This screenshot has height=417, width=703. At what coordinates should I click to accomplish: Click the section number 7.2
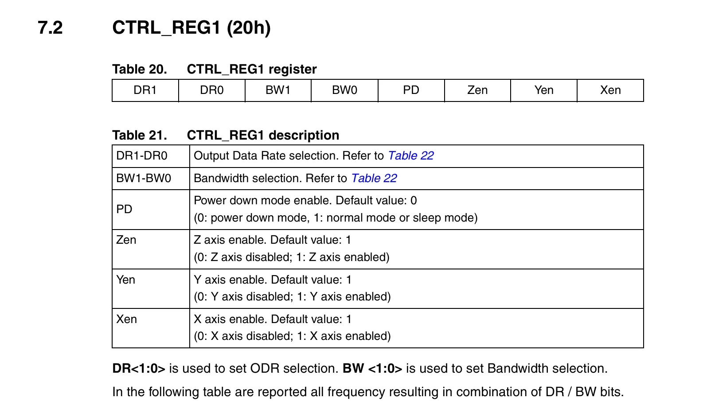(x=50, y=27)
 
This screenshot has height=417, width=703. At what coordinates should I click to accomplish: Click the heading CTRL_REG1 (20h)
(x=191, y=27)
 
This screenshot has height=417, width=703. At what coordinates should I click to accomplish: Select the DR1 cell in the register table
(x=145, y=90)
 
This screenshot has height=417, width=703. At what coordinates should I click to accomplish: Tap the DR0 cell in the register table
(x=211, y=90)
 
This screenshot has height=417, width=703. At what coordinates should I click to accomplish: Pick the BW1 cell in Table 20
(x=278, y=90)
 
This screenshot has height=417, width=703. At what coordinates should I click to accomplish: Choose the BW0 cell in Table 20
(x=344, y=90)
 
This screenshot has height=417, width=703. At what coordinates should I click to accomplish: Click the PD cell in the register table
(x=411, y=90)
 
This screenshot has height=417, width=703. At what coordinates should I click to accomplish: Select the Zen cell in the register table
(x=477, y=90)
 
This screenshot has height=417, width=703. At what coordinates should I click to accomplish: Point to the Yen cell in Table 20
(x=544, y=90)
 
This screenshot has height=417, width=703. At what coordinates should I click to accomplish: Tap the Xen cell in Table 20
(x=610, y=90)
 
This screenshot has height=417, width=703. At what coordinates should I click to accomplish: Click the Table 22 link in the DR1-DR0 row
(x=411, y=156)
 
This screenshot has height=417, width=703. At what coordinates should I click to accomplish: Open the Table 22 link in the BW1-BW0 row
(x=374, y=178)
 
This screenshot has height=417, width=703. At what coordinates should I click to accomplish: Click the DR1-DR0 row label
(x=142, y=156)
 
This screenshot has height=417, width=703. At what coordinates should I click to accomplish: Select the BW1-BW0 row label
(x=144, y=178)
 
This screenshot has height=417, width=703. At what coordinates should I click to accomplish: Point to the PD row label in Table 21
(x=124, y=209)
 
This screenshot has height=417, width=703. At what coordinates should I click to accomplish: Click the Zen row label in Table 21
(x=126, y=240)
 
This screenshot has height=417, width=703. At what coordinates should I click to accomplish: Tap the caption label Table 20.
(x=140, y=69)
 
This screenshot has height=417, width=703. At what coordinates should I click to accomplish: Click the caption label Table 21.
(x=140, y=135)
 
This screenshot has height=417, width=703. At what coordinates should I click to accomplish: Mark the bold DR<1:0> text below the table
(x=139, y=369)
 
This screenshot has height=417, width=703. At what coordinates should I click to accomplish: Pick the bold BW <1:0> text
(x=372, y=369)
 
